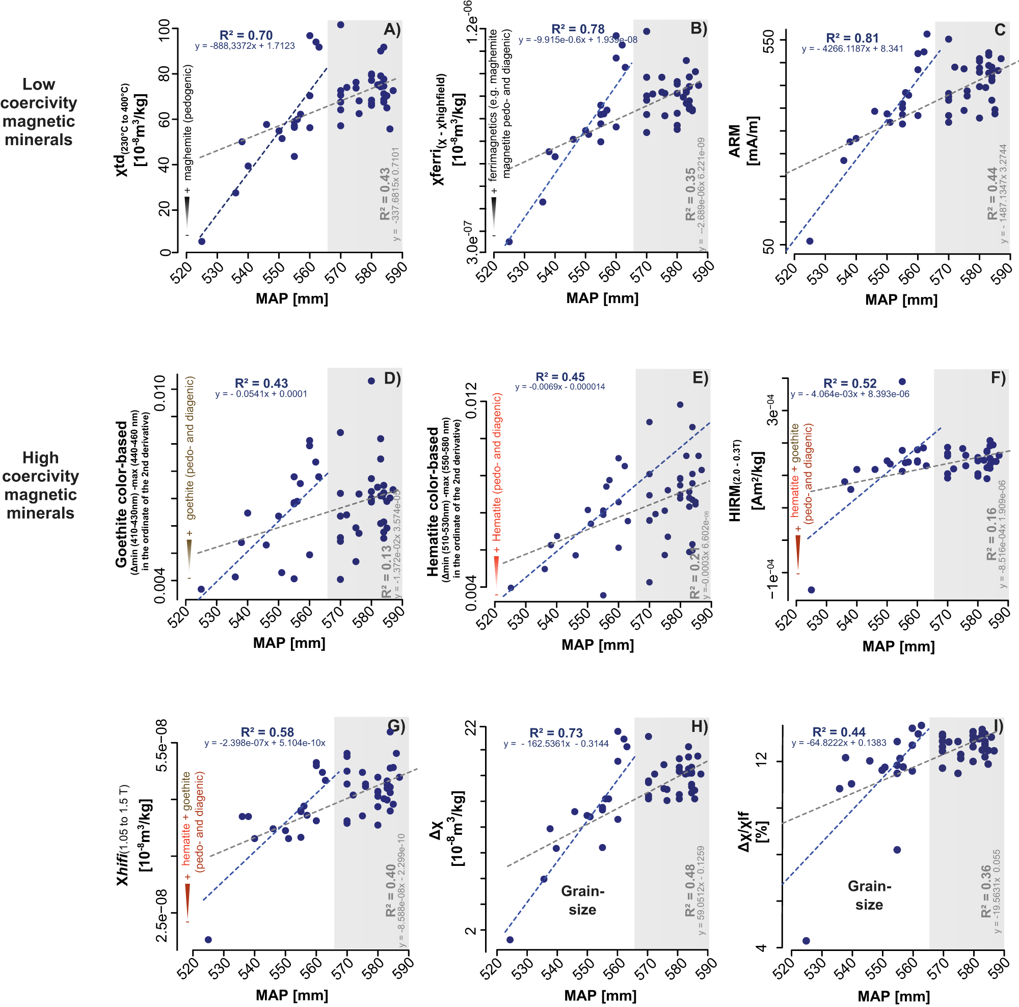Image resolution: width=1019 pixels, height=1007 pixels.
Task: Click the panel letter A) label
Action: pos(392,30)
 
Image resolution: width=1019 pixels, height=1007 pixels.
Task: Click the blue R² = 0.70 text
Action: pos(246,35)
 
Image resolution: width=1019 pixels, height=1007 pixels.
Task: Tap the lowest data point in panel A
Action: pos(201,241)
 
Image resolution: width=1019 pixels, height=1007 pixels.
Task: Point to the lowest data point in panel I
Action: pos(806,941)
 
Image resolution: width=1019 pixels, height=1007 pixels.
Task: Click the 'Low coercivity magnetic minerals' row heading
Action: pos(39,112)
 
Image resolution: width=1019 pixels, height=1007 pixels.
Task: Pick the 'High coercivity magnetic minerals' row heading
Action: pos(41,485)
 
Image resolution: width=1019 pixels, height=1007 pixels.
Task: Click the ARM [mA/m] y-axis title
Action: pos(744,142)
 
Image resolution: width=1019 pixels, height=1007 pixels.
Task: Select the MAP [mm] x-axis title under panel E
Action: pos(598,644)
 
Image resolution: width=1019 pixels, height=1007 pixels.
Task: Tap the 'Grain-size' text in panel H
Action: pos(582,900)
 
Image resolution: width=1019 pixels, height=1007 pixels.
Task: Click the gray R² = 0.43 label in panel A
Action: pos(385,194)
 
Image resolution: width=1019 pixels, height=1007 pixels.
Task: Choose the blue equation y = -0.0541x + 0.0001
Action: pos(261,394)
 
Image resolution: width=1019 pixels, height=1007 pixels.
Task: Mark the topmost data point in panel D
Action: pos(371,380)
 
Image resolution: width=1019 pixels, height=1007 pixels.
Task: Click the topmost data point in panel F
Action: pos(902,382)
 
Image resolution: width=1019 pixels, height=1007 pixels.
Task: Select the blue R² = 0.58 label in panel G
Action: pos(267,732)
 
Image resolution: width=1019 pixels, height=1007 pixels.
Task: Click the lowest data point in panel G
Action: pos(208,940)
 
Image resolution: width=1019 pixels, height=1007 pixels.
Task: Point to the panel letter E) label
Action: pos(700,378)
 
